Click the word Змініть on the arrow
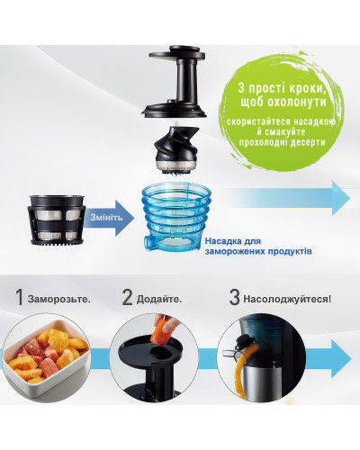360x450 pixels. click(x=106, y=218)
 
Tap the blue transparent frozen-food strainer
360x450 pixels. click(x=176, y=218)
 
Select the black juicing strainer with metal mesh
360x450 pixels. click(x=57, y=220)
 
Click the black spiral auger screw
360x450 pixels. click(x=176, y=150)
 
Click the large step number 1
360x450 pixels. click(x=20, y=297)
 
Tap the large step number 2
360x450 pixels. click(x=127, y=297)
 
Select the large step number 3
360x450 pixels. click(x=234, y=297)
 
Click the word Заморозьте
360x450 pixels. click(x=59, y=299)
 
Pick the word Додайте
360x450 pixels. click(x=159, y=299)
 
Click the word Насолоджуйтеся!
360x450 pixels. click(x=287, y=299)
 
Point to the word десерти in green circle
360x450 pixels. click(x=308, y=142)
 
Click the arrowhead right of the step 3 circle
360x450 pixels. click(x=341, y=358)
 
